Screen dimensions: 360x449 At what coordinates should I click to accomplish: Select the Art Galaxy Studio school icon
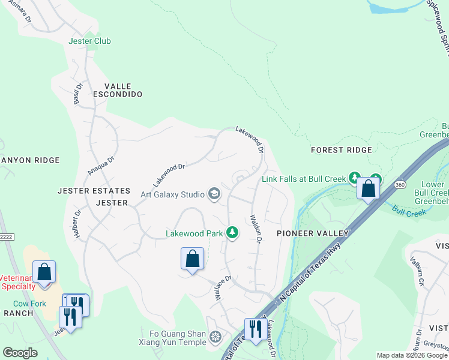[214, 194]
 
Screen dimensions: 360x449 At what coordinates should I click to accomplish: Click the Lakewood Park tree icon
[232, 233]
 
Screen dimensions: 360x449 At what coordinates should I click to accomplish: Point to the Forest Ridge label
[341, 150]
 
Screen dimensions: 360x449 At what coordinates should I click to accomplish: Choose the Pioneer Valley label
[312, 233]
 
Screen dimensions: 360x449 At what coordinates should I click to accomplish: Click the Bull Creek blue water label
[409, 211]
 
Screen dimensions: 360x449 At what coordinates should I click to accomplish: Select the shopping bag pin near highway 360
[369, 188]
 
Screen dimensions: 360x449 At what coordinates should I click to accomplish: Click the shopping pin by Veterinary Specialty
[44, 272]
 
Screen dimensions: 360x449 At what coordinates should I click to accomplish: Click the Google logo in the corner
[20, 353]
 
